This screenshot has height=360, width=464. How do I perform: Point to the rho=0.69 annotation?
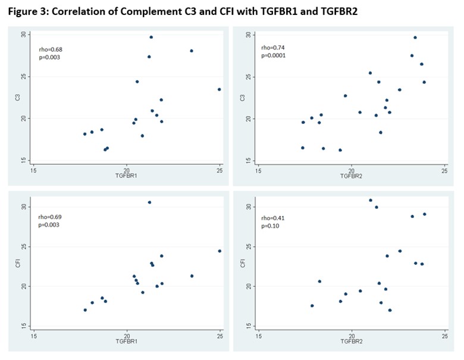click(x=48, y=217)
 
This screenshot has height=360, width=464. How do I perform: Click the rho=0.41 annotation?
click(x=272, y=218)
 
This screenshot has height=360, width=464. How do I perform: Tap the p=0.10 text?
click(x=271, y=226)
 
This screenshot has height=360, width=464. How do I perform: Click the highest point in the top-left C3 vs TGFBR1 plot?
click(x=151, y=37)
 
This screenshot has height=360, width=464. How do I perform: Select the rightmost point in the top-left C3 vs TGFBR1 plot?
click(x=220, y=89)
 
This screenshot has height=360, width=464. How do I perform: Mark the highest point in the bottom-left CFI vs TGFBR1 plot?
click(x=149, y=202)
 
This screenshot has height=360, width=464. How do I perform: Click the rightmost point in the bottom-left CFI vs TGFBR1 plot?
click(x=220, y=251)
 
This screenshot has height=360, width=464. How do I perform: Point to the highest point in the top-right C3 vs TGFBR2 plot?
click(x=415, y=37)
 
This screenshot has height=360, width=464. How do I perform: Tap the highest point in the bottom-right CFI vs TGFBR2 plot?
click(x=370, y=201)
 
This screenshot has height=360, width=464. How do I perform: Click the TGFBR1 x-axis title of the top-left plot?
click(x=126, y=177)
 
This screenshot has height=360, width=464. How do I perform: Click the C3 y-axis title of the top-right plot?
click(x=241, y=97)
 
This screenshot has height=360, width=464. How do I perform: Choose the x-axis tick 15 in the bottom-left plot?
click(x=33, y=337)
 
